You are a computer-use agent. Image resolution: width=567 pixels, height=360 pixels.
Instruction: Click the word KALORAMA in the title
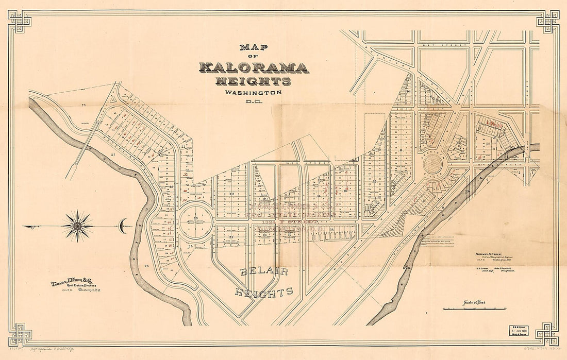pyautogui.click(x=254, y=67)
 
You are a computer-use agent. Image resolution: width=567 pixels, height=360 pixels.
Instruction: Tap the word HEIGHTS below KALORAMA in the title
pyautogui.click(x=253, y=81)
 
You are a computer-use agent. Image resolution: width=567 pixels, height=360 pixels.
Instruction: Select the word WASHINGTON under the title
pyautogui.click(x=253, y=93)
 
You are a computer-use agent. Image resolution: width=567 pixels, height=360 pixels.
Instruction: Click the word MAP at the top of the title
pyautogui.click(x=254, y=47)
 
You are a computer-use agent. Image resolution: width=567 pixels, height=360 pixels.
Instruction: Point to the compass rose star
pyautogui.click(x=77, y=226)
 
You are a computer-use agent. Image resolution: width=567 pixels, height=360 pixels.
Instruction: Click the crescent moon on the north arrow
pyautogui.click(x=122, y=226)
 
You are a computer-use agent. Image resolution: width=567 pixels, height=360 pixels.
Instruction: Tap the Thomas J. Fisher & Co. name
pyautogui.click(x=72, y=284)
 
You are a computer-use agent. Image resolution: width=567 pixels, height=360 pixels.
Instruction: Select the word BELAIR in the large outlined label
pyautogui.click(x=263, y=271)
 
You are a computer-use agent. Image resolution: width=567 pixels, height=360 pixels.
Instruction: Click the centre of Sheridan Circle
pyautogui.click(x=432, y=165)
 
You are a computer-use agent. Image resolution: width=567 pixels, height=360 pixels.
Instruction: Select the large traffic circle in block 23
pyautogui.click(x=196, y=221)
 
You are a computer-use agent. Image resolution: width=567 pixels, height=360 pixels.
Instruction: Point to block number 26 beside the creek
pyautogui.click(x=146, y=266)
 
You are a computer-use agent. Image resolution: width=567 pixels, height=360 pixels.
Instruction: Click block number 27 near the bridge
pyautogui.click(x=111, y=154)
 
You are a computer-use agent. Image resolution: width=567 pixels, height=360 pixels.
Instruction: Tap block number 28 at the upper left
pyautogui.click(x=82, y=105)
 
